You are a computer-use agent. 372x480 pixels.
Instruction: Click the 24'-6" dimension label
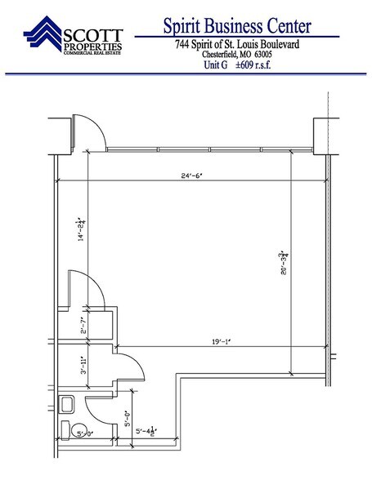point(191,176)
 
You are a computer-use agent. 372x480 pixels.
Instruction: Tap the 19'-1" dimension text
point(221,341)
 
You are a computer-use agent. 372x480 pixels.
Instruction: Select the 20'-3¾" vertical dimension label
point(284,263)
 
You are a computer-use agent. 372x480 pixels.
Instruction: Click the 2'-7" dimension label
point(83,326)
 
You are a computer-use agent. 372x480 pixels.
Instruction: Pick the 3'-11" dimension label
point(83,366)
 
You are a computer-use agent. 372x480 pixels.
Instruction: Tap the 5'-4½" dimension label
point(146,431)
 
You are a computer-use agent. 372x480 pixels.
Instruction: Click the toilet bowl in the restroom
point(79,430)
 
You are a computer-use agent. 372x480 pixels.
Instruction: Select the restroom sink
point(66,404)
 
